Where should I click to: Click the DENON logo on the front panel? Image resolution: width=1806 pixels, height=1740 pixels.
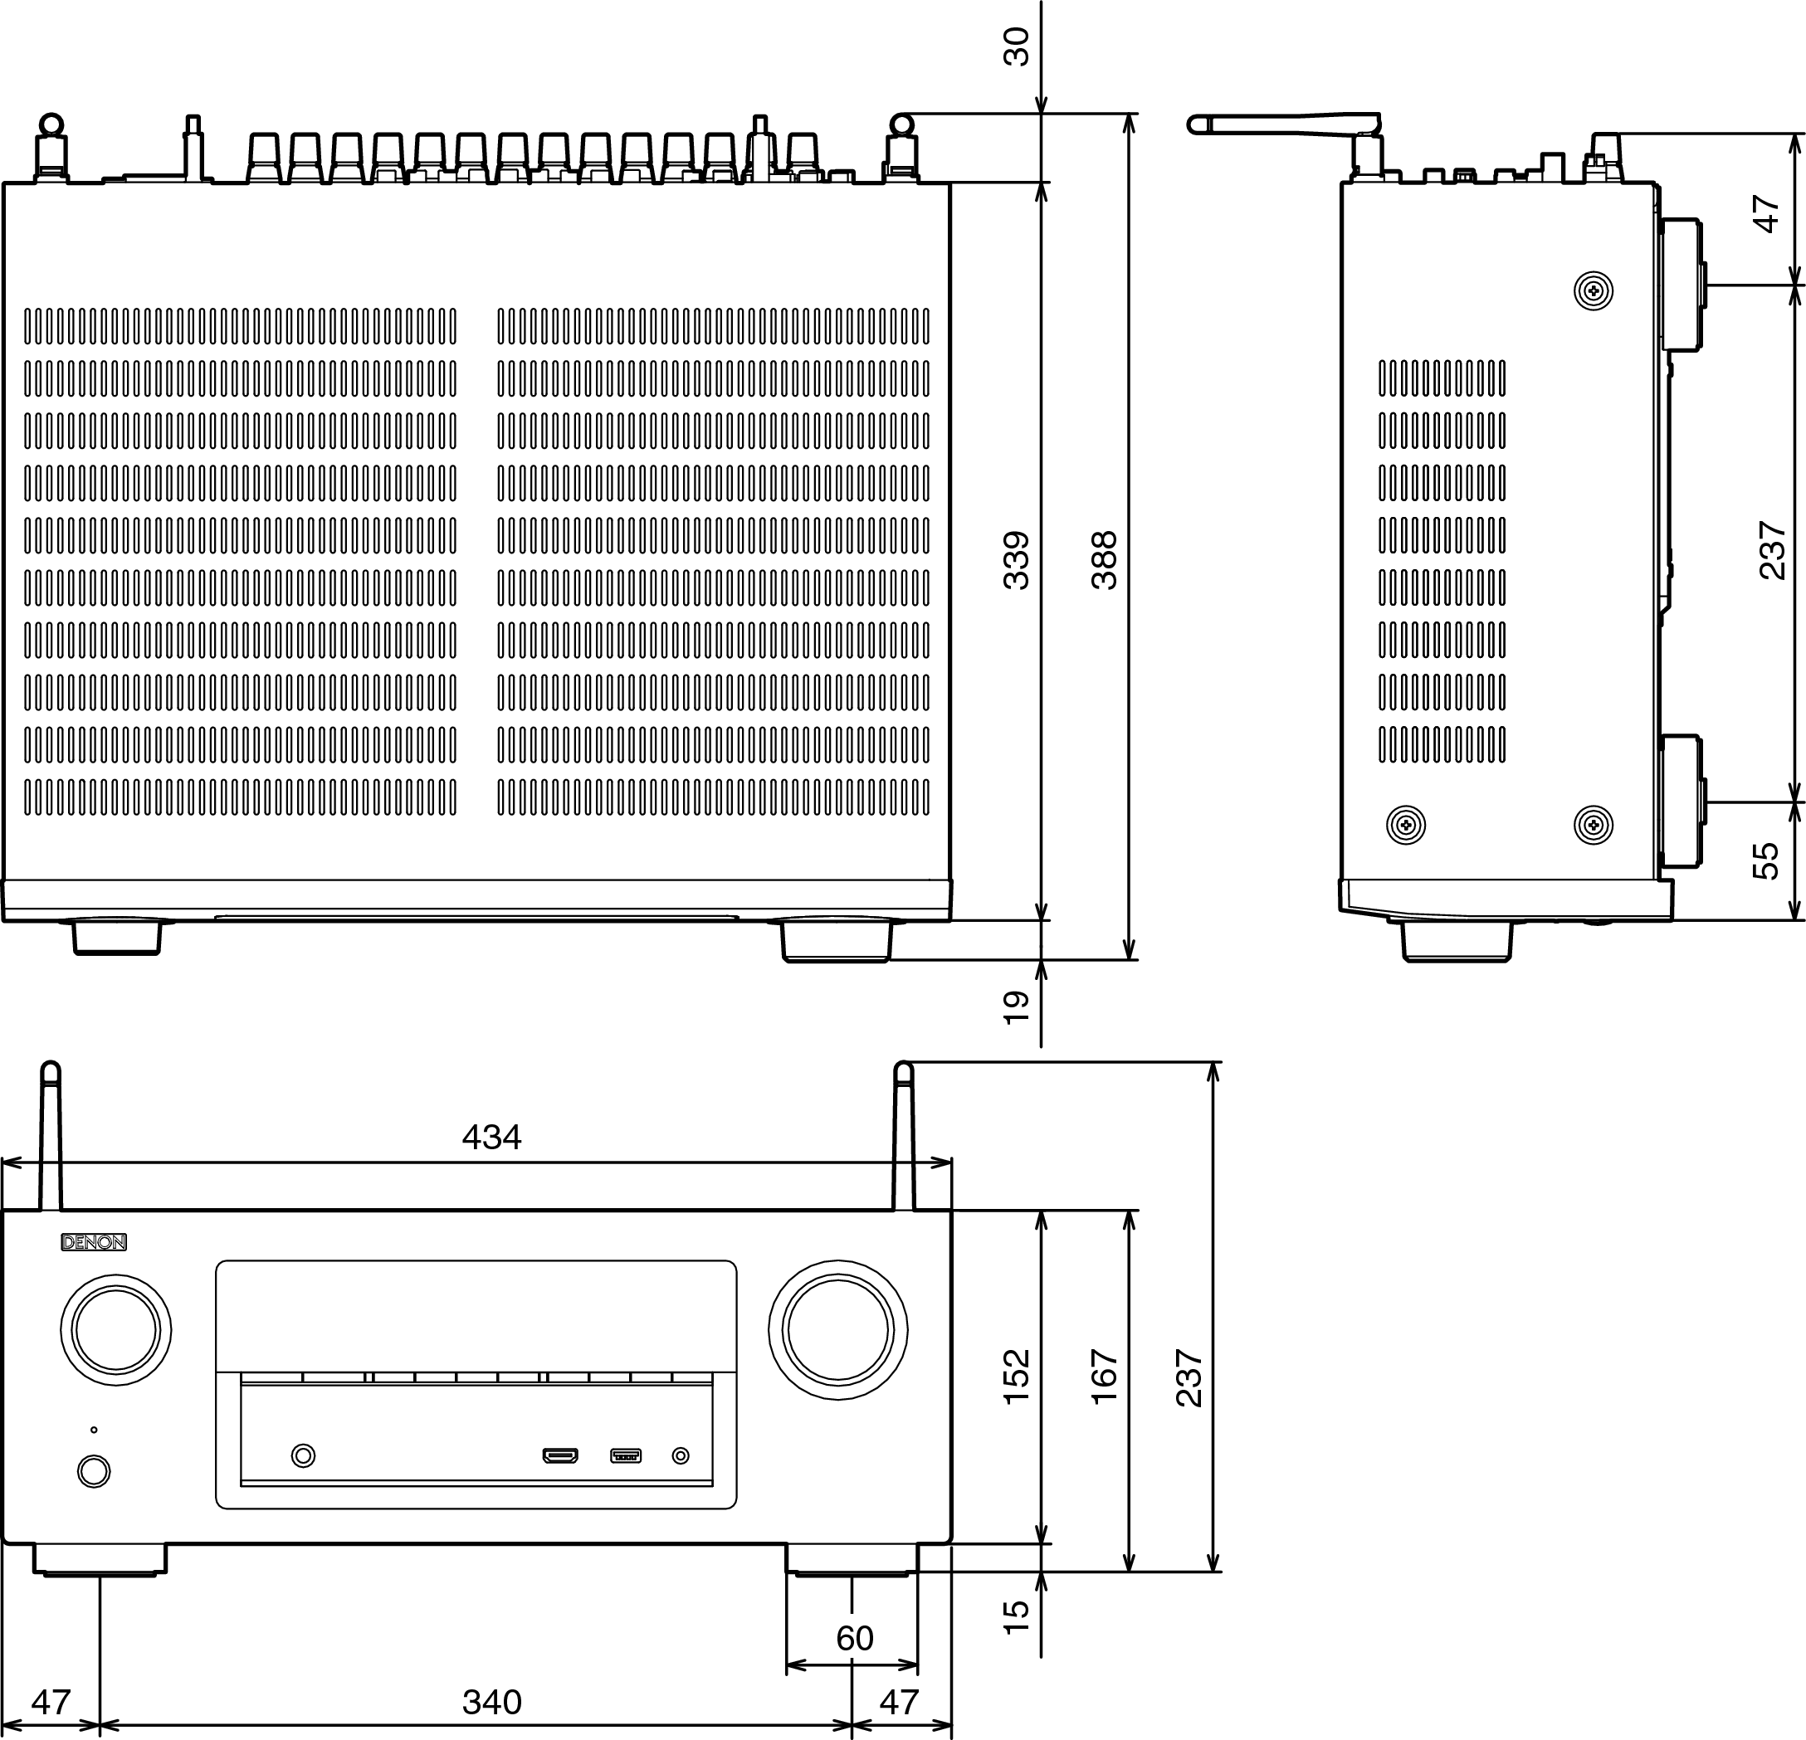tap(94, 1243)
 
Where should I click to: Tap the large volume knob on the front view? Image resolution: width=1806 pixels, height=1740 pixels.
tap(837, 1330)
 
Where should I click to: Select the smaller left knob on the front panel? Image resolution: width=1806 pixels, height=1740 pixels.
tap(116, 1330)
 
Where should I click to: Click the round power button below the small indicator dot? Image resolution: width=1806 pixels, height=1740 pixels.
tap(94, 1471)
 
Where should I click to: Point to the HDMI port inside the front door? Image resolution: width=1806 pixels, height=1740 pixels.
tap(559, 1456)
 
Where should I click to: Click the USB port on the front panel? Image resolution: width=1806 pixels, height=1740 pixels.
tap(626, 1456)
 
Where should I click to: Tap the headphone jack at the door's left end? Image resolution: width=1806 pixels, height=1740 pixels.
tap(303, 1455)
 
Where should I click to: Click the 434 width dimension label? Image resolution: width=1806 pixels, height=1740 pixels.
tap(491, 1138)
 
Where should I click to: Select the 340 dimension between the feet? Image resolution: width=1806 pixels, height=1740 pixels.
tap(492, 1702)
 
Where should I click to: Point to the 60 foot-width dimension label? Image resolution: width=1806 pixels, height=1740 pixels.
tap(854, 1639)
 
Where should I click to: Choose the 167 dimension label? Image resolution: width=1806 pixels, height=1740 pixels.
tap(1104, 1377)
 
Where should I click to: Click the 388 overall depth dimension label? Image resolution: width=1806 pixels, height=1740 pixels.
tap(1104, 560)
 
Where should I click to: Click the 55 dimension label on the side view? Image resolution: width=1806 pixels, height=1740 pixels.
tap(1765, 861)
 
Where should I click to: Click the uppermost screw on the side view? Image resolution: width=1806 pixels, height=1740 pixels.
tap(1594, 292)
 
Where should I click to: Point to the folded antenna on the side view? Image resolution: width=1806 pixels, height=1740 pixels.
tap(1286, 125)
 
